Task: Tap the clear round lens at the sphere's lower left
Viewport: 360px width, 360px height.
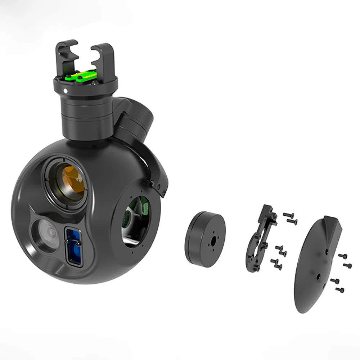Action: pos(47,234)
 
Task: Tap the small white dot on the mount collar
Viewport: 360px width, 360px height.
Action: pos(66,91)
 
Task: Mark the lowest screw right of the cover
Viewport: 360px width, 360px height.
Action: pos(339,289)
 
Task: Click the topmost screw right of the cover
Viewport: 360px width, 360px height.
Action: pos(342,256)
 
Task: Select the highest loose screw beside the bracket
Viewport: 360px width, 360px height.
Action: pos(288,215)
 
